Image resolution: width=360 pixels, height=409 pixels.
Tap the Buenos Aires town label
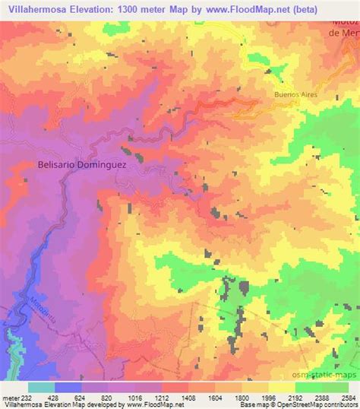point(295,94)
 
